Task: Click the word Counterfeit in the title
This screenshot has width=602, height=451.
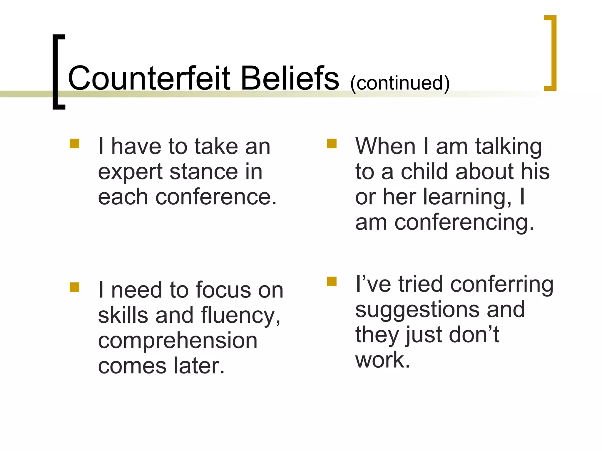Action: [x=149, y=78]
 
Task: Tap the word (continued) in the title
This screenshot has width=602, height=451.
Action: [x=400, y=83]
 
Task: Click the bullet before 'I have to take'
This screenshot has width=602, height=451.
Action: [x=75, y=144]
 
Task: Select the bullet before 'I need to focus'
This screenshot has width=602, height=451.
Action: [x=75, y=287]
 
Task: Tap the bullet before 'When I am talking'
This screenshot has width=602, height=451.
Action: [x=332, y=144]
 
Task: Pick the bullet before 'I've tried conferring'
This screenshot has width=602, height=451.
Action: [x=332, y=281]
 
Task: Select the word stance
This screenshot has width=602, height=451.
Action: [x=203, y=171]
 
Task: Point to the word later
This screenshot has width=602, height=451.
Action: [x=199, y=366]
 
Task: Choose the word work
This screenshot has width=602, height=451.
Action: [x=382, y=360]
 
